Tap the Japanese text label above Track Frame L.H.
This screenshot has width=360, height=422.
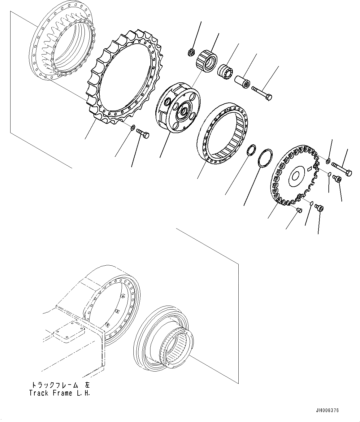click(x=60, y=385)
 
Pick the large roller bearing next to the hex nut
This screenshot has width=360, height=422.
click(x=206, y=60)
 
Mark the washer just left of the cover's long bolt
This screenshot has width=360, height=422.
click(x=328, y=160)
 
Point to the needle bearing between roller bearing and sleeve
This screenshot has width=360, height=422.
click(x=226, y=72)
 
